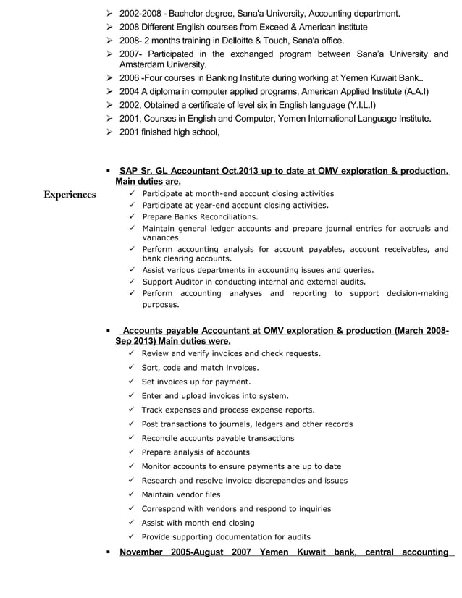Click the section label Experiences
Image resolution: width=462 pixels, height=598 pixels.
(x=70, y=195)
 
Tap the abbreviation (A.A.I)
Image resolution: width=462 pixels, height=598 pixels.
(x=411, y=92)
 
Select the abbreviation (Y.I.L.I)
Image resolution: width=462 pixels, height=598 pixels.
(x=353, y=105)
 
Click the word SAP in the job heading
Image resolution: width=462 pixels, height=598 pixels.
(x=129, y=171)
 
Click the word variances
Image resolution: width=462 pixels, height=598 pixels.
(x=160, y=237)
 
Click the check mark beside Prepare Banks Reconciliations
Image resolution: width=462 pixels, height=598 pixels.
(x=132, y=216)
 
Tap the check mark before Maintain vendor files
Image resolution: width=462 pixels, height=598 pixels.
(x=131, y=494)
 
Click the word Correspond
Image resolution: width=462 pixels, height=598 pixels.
(x=164, y=508)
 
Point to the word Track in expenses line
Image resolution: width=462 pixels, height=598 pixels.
(x=153, y=410)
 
